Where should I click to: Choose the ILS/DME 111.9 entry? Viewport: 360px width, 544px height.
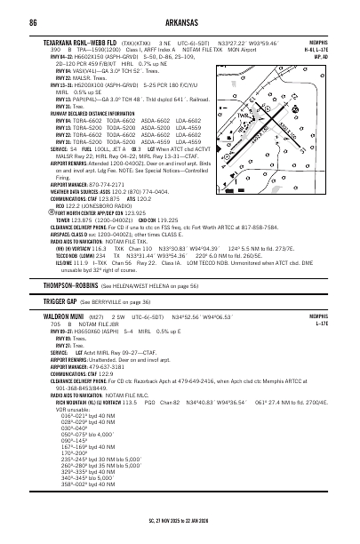point(60,238)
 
